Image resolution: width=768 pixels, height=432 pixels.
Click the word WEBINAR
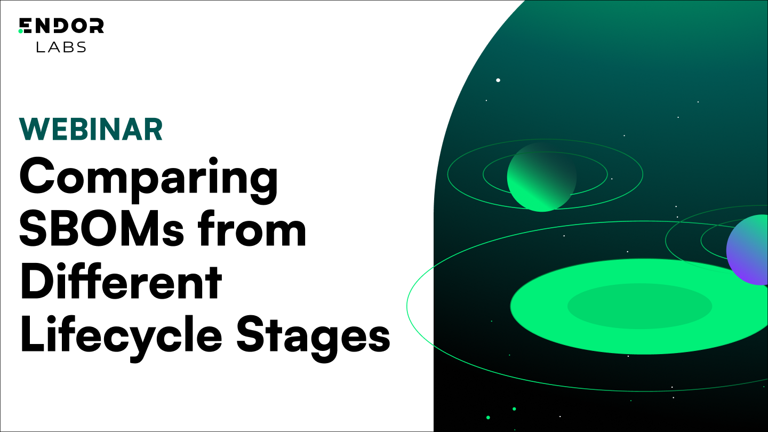tap(91, 129)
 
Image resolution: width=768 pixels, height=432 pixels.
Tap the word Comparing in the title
tap(148, 178)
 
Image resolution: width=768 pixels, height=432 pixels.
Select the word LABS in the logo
tap(61, 47)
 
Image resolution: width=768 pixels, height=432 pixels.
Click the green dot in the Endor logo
tap(21, 31)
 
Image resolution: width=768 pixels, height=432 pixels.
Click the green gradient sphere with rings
tap(541, 177)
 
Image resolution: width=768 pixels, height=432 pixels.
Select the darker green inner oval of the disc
tap(639, 306)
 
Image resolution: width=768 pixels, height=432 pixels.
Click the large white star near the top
tap(498, 80)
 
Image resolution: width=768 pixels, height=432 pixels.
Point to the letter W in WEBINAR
tap(33, 129)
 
